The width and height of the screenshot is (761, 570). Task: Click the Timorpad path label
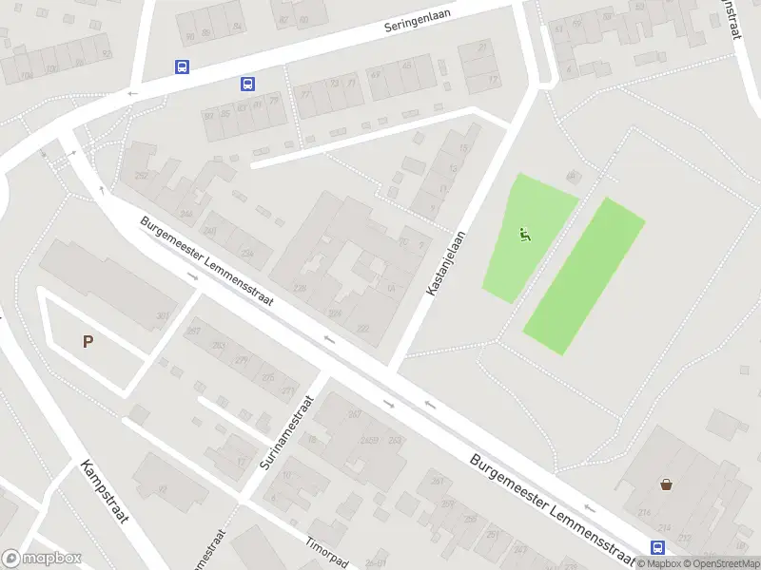[328, 552]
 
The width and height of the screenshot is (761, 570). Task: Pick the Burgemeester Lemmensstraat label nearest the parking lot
[207, 261]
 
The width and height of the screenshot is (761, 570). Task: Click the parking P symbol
[88, 342]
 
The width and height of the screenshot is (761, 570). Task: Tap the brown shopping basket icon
[666, 484]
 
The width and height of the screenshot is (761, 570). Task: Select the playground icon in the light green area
[524, 233]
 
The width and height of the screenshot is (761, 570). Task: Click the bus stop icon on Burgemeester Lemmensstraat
[657, 547]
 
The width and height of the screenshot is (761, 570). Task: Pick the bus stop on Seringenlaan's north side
[182, 66]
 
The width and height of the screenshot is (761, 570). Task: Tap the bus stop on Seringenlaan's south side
[247, 84]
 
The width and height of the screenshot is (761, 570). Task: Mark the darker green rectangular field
[584, 275]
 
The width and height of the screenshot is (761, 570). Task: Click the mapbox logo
[41, 559]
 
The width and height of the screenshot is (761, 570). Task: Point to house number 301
[163, 316]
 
